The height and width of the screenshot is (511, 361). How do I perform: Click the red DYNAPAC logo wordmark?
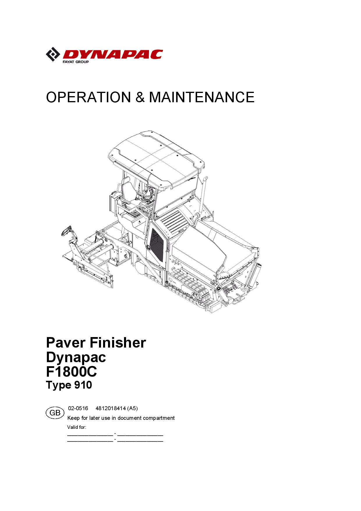(x=113, y=54)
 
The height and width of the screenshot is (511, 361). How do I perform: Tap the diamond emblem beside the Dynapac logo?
(x=53, y=54)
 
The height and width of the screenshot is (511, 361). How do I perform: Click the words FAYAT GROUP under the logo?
(x=76, y=62)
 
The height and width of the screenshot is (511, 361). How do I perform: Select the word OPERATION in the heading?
(x=89, y=97)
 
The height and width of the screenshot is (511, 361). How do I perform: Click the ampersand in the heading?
(x=140, y=97)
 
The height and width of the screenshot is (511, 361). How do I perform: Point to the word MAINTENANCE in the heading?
(x=202, y=97)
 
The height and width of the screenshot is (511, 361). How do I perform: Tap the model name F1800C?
(x=72, y=372)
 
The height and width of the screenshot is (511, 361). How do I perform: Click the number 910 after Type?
(x=83, y=385)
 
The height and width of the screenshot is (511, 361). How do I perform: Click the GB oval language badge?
(x=55, y=413)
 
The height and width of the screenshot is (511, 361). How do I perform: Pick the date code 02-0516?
(x=78, y=408)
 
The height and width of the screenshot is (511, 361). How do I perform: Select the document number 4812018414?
(x=111, y=408)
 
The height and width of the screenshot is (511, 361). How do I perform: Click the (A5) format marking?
(x=132, y=408)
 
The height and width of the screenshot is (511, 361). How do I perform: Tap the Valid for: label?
(x=77, y=427)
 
